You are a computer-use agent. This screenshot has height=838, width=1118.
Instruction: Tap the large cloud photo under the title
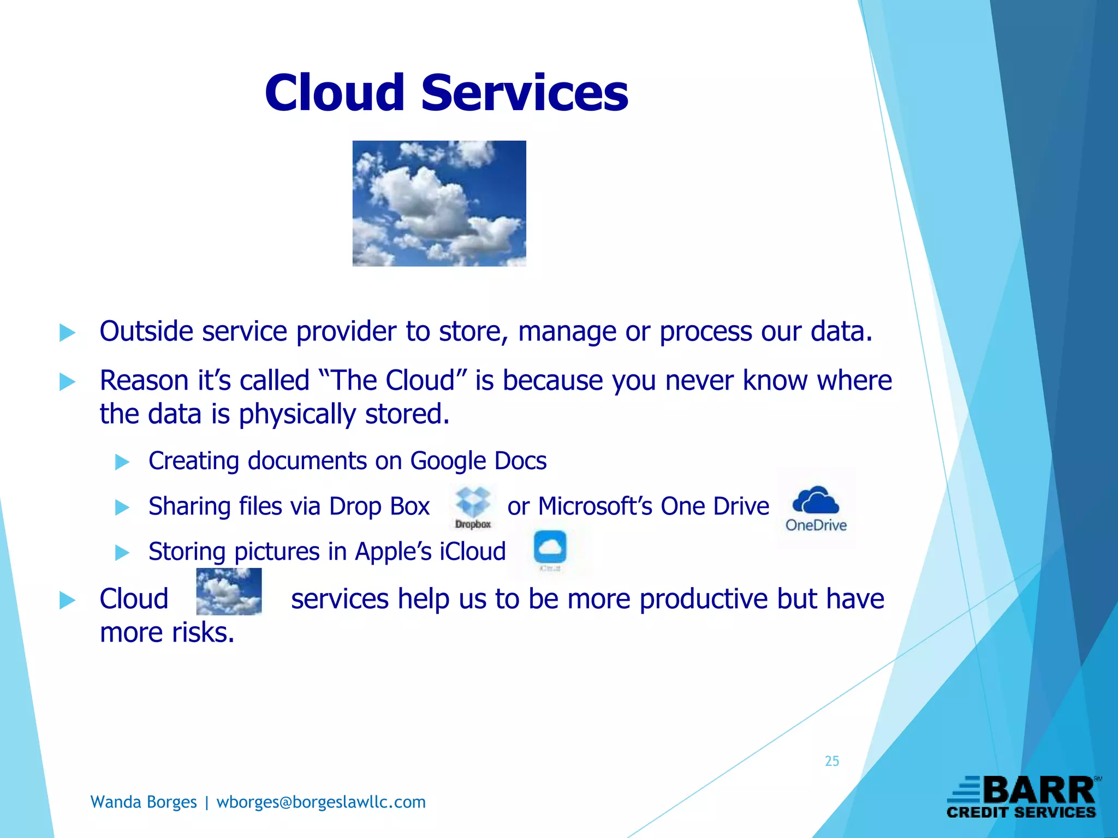pyautogui.click(x=439, y=203)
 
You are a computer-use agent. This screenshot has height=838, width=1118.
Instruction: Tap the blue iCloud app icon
pyautogui.click(x=550, y=547)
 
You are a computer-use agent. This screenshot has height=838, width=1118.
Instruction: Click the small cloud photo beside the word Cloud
pyautogui.click(x=229, y=591)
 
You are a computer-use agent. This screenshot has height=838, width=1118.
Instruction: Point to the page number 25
pyautogui.click(x=831, y=761)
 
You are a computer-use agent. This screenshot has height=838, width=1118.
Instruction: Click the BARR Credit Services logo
pyautogui.click(x=1022, y=797)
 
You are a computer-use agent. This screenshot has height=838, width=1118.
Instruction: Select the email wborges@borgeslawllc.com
pyautogui.click(x=321, y=802)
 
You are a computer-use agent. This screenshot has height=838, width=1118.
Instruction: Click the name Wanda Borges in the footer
pyautogui.click(x=143, y=802)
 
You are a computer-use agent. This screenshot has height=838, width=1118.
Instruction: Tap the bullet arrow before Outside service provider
pyautogui.click(x=67, y=332)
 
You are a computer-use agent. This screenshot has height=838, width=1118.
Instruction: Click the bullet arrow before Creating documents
pyautogui.click(x=122, y=462)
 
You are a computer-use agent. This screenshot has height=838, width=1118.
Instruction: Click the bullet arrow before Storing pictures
pyautogui.click(x=122, y=553)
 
